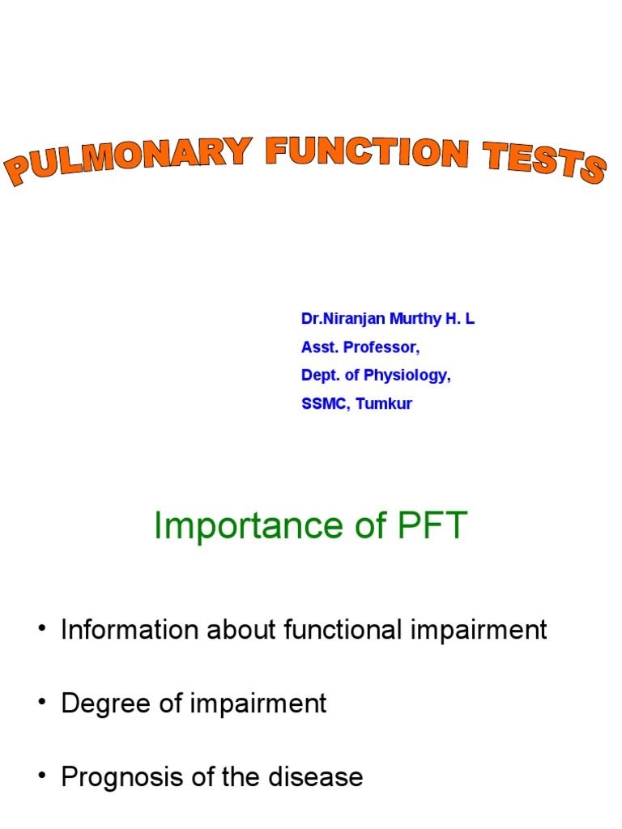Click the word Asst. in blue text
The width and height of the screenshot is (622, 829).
(x=317, y=347)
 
